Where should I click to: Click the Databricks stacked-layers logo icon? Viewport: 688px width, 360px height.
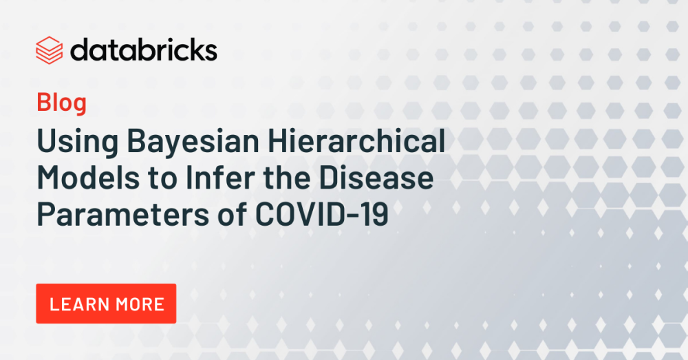tap(49, 50)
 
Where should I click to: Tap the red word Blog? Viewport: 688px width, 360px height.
tap(61, 103)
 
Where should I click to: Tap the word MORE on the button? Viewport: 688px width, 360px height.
tap(139, 304)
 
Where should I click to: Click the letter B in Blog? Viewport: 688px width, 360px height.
tap(43, 103)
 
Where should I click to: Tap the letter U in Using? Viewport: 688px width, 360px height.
tap(47, 142)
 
